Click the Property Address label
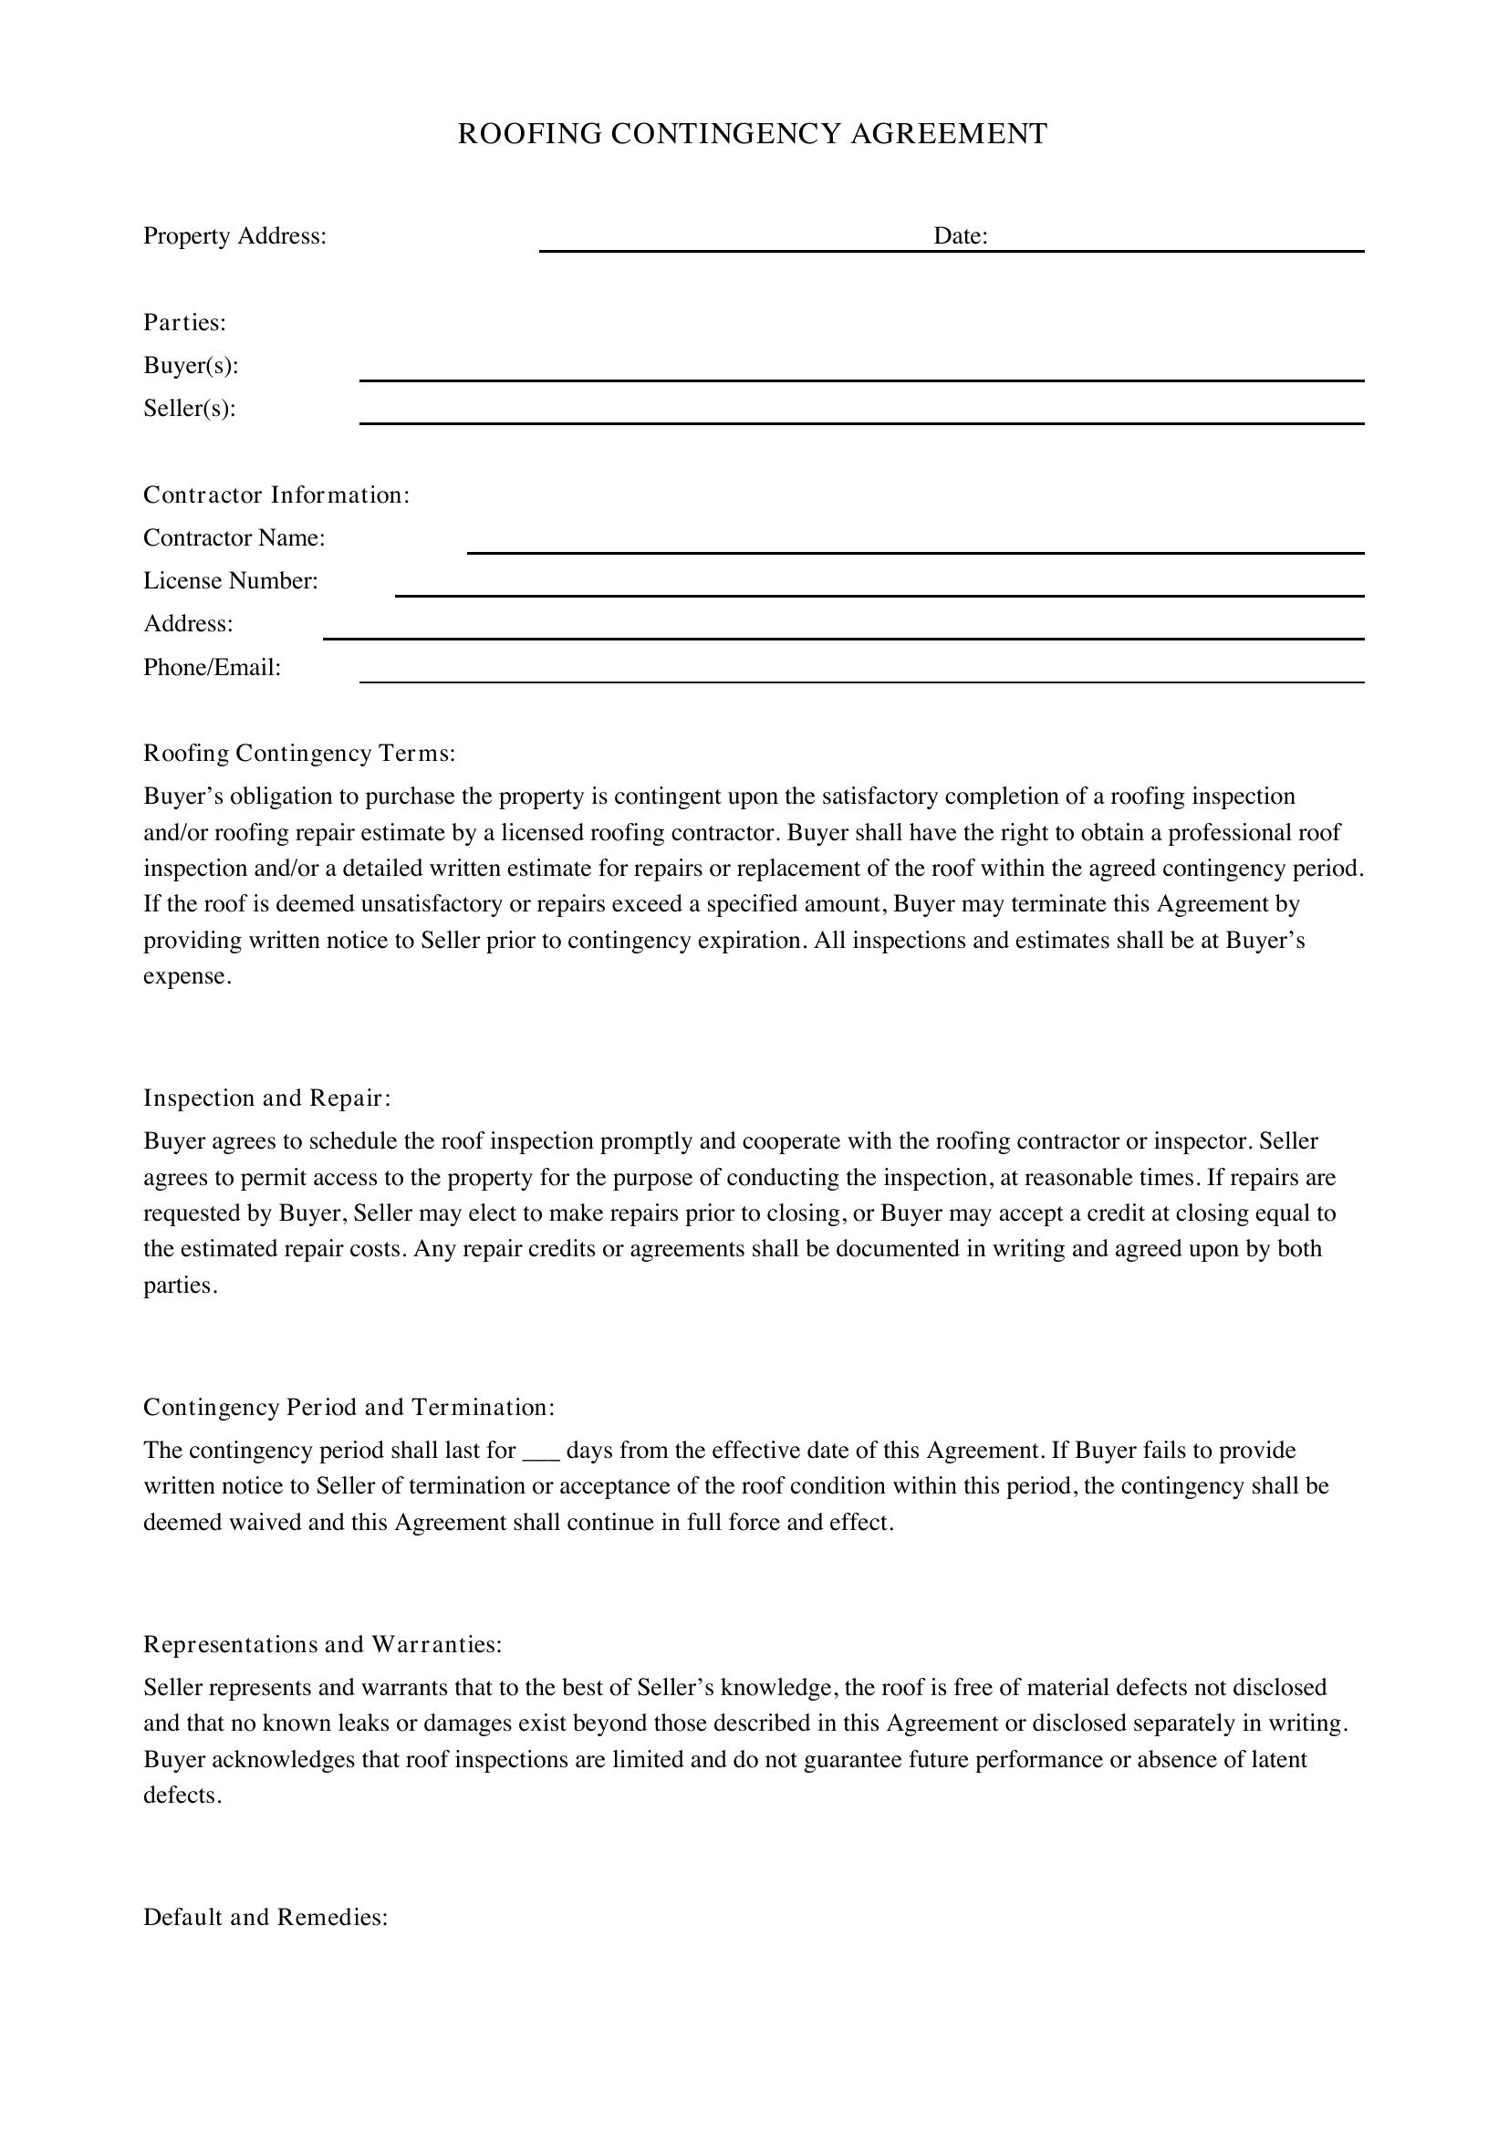tap(234, 236)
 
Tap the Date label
tap(960, 236)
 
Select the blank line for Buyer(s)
tap(861, 379)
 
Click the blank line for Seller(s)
tap(861, 421)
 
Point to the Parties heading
tap(185, 322)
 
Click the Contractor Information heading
tap(276, 495)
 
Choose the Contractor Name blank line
tap(915, 551)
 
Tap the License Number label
tap(231, 581)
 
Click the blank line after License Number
tap(879, 594)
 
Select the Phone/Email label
tap(212, 667)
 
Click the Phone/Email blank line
tap(861, 681)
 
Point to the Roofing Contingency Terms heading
tap(299, 753)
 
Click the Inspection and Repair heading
tap(267, 1098)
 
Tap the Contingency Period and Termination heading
tap(349, 1407)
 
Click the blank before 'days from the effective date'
tap(541, 1452)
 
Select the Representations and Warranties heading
tap(322, 1644)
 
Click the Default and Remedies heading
tap(265, 1917)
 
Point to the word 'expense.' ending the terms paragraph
tap(187, 977)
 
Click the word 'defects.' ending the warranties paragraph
tap(182, 1795)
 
